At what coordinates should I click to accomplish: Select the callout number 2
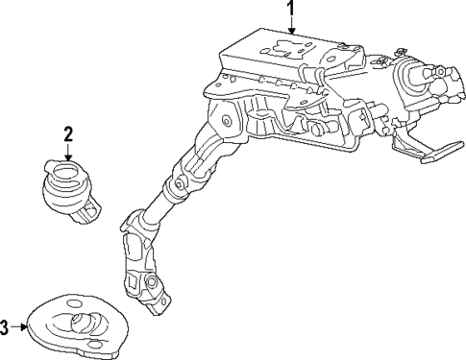[68, 132]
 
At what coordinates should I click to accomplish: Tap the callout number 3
[6, 327]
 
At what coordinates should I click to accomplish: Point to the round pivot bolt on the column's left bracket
[226, 122]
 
